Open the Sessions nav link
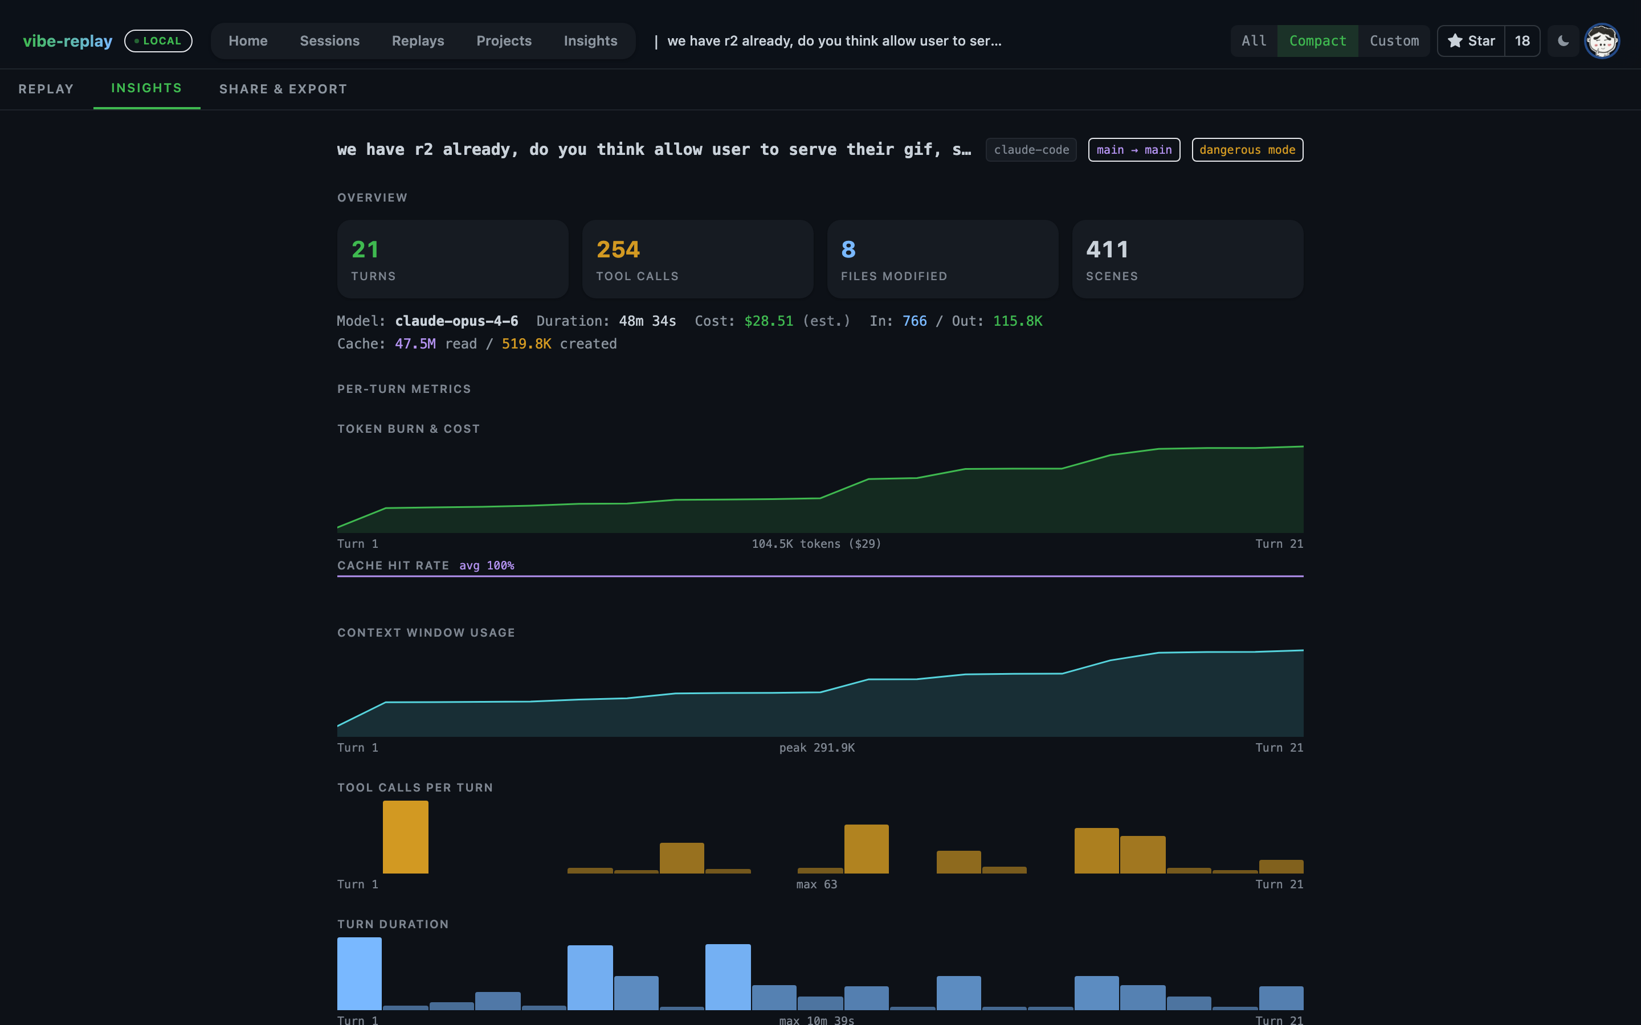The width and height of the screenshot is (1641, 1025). [x=329, y=40]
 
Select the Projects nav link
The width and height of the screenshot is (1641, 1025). [x=504, y=40]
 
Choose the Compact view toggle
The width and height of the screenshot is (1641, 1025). [x=1317, y=40]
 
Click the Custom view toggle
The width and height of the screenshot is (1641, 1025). [x=1394, y=40]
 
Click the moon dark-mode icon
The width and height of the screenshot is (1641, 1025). [x=1563, y=40]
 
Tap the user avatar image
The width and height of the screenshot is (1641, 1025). [x=1602, y=42]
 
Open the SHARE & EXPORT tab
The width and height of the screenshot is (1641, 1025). [x=283, y=89]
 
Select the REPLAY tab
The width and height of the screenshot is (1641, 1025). [x=46, y=89]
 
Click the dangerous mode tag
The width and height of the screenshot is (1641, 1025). [x=1247, y=150]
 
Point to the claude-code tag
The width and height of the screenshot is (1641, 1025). [x=1031, y=150]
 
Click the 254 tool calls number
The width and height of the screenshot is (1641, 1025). [x=618, y=249]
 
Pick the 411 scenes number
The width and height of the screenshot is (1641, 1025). [x=1107, y=249]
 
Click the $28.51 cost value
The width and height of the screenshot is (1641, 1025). [x=768, y=321]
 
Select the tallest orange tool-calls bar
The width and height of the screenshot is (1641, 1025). [x=406, y=837]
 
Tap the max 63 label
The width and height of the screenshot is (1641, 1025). [x=817, y=884]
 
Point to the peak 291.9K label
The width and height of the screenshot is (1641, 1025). [x=817, y=747]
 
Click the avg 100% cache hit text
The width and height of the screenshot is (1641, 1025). [x=487, y=565]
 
